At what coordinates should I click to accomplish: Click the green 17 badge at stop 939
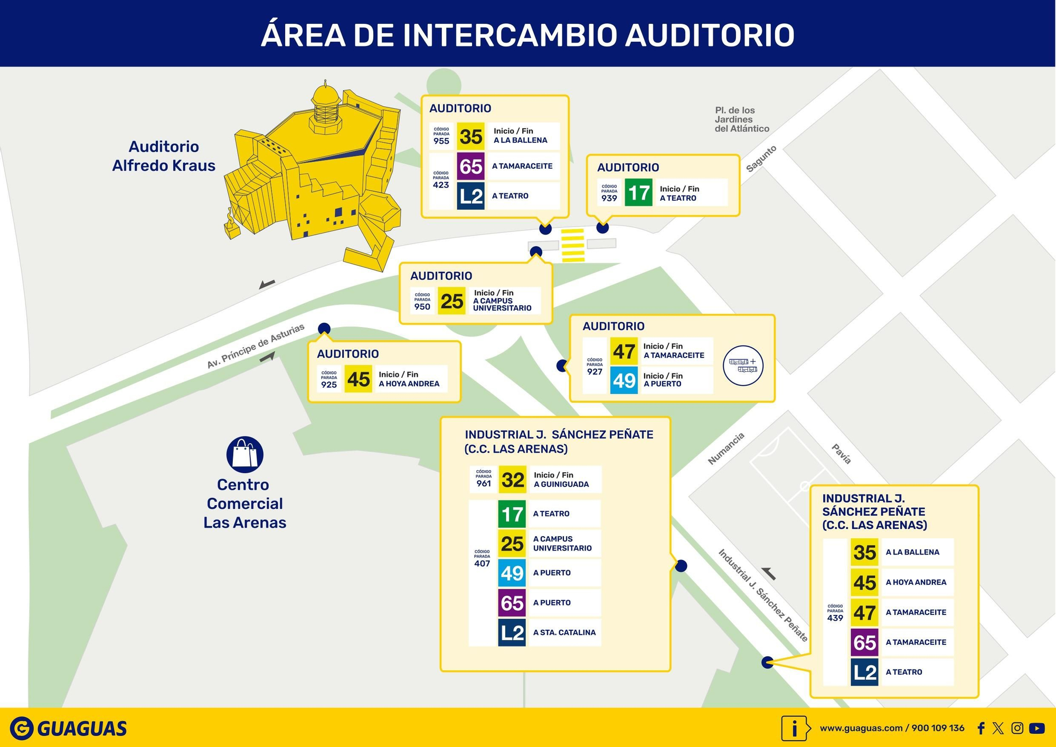(x=638, y=192)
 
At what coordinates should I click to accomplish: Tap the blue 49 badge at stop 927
(x=624, y=380)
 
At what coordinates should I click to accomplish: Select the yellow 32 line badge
(x=512, y=480)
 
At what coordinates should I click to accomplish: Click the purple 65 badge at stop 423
(x=470, y=166)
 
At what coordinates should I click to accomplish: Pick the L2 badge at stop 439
(x=864, y=672)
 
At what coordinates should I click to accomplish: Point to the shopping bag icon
(x=244, y=454)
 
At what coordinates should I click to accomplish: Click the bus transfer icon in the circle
(x=743, y=365)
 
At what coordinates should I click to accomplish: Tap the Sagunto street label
(x=761, y=158)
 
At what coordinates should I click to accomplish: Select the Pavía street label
(x=842, y=454)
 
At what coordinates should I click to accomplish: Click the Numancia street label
(x=726, y=449)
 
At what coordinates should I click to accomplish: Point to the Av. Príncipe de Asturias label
(x=256, y=346)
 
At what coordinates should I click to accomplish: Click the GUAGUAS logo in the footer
(x=69, y=729)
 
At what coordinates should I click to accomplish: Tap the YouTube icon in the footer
(x=1036, y=728)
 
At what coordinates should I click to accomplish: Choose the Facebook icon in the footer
(x=980, y=729)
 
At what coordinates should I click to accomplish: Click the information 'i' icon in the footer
(x=795, y=729)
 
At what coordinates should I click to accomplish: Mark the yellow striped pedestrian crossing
(x=573, y=245)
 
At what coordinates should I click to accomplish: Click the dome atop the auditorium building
(x=325, y=96)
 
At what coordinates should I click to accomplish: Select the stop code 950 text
(x=422, y=306)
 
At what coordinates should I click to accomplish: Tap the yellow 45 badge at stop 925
(x=358, y=379)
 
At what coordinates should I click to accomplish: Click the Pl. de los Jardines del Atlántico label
(x=742, y=119)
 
